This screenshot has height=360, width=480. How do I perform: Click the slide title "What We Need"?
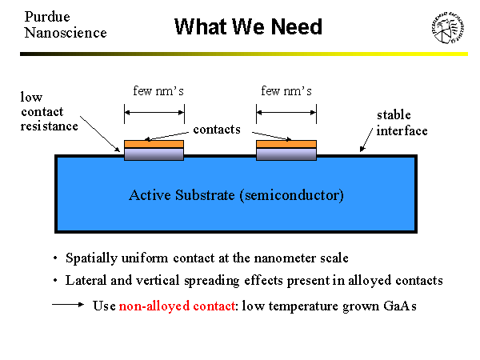click(248, 27)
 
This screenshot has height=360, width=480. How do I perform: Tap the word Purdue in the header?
click(46, 16)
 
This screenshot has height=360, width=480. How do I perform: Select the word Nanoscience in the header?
click(65, 33)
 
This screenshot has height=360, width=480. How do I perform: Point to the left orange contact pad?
click(154, 144)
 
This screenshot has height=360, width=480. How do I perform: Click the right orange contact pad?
click(286, 144)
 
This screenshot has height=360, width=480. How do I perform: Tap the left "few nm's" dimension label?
click(158, 90)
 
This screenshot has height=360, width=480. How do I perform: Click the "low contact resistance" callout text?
click(50, 111)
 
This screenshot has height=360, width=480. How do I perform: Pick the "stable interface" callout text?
click(402, 123)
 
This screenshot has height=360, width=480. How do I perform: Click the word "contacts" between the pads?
click(217, 129)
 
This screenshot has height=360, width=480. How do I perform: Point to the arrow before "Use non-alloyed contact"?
click(69, 306)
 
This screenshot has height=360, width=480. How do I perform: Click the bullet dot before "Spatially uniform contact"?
click(54, 259)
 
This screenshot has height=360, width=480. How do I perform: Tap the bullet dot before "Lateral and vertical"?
click(54, 282)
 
